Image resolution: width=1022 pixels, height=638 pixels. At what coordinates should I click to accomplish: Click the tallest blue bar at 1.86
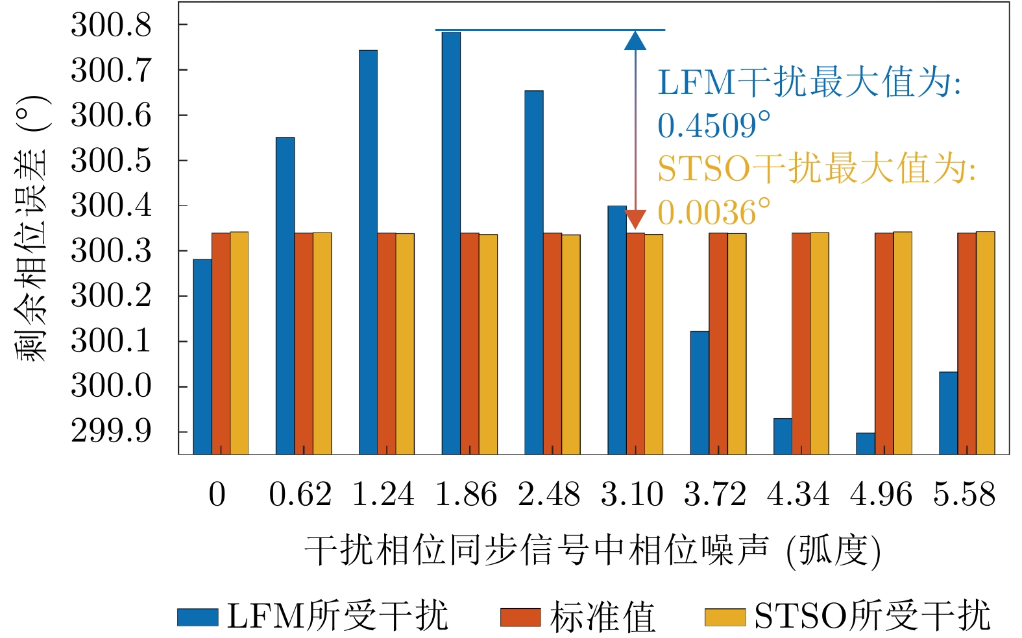coord(451,243)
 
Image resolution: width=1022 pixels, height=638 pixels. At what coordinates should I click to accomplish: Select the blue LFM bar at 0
coord(202,357)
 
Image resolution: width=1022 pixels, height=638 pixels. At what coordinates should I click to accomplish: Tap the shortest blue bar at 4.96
coord(865,443)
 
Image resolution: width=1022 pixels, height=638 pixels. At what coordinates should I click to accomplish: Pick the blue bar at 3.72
coord(700,393)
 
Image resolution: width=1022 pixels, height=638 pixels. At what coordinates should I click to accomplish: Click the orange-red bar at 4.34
coord(801,344)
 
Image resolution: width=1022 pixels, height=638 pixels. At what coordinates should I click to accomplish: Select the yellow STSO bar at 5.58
coord(985,343)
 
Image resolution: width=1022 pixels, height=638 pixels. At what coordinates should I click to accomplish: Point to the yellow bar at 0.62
coord(322,344)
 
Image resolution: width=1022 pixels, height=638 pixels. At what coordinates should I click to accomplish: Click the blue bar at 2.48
coord(534,272)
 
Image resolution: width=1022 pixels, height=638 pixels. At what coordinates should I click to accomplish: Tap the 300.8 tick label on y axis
coord(111,25)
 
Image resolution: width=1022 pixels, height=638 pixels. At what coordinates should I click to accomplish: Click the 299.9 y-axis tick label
coord(111,431)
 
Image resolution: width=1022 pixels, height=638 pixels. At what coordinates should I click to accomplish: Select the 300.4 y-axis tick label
coord(111,206)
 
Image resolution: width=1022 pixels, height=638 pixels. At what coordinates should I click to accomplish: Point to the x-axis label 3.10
coord(632,495)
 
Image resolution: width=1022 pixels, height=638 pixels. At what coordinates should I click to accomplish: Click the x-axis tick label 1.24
coord(383,495)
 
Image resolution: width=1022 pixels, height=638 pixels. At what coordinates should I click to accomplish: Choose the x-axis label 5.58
coord(964,495)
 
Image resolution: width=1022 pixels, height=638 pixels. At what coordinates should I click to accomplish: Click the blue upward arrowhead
coord(635,41)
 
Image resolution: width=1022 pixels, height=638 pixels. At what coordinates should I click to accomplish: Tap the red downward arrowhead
coord(635,219)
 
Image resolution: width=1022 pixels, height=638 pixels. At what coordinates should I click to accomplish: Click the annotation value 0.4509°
coord(714,126)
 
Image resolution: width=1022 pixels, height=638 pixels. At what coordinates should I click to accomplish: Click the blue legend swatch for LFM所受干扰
coord(198,617)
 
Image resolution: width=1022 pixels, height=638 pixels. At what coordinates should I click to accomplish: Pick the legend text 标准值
coord(602,617)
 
